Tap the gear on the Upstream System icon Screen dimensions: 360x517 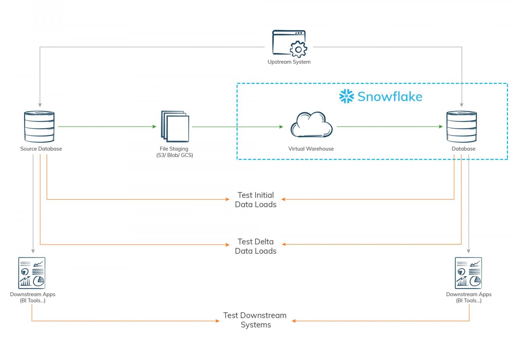coord(298,49)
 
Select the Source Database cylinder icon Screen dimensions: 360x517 coord(39,127)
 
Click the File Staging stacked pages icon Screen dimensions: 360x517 coord(175,127)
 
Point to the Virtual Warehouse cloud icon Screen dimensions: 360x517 coord(311,125)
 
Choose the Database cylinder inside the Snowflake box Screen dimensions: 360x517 coord(461,127)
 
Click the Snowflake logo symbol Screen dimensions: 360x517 coord(346,97)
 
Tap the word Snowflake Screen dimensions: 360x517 coord(390,97)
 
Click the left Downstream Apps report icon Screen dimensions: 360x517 coord(32,273)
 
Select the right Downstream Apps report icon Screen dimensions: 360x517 coord(468,273)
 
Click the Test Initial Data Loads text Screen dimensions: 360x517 coord(256,200)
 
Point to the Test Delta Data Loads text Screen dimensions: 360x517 coord(256,246)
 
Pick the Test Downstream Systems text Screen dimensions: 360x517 coord(255,320)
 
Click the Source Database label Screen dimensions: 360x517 coord(41,149)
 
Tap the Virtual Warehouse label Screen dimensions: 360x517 coord(311,149)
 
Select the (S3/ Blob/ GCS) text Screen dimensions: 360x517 coord(175,155)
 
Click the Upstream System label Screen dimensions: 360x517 coord(289,62)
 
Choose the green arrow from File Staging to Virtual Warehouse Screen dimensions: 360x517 coord(237,127)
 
